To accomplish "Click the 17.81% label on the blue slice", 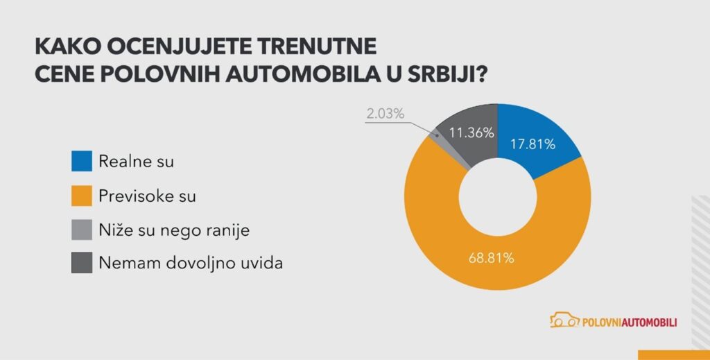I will (x=532, y=144).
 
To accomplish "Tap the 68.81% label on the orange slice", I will (x=491, y=259).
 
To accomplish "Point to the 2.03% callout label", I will (x=385, y=113).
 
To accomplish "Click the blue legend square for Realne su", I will (x=81, y=162).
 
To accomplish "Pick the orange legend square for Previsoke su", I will (x=81, y=196).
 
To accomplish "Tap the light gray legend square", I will (x=81, y=229).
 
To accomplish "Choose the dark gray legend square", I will (x=81, y=263).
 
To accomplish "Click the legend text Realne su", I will (x=136, y=162).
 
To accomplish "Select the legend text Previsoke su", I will (x=147, y=196).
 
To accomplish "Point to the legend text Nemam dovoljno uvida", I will (x=190, y=263).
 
